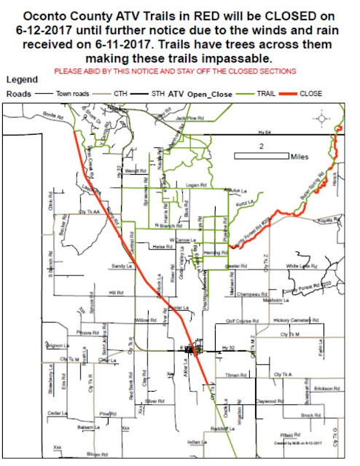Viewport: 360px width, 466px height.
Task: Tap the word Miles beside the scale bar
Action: coord(300,156)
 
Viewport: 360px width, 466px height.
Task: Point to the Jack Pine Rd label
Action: coord(188,117)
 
